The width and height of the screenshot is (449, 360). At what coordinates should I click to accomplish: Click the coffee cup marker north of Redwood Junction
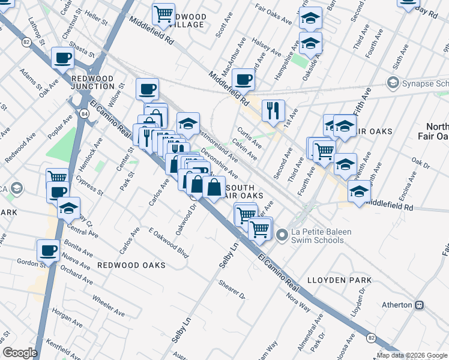[x=63, y=58]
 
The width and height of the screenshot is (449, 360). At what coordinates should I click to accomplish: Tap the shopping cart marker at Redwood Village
[x=163, y=13]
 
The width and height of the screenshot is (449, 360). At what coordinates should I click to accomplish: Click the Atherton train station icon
[x=419, y=305]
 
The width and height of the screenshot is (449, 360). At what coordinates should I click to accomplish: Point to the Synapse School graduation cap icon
[x=393, y=82]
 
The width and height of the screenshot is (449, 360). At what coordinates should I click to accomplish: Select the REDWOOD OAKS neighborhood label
[x=131, y=265]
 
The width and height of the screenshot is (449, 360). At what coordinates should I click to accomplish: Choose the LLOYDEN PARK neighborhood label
[x=339, y=280]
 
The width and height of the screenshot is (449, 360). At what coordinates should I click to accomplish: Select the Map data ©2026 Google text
[x=412, y=355]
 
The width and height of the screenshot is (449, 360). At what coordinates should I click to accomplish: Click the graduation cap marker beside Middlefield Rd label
[x=359, y=192]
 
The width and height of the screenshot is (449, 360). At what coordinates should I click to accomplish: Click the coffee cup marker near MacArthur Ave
[x=244, y=79]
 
